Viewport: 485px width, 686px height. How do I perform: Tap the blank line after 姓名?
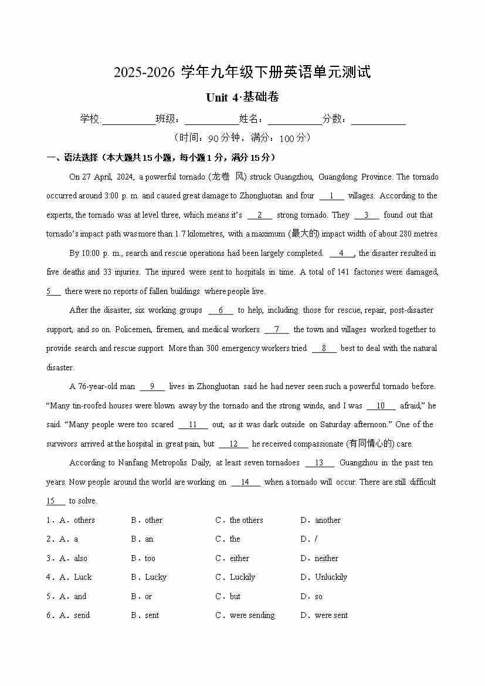coord(295,120)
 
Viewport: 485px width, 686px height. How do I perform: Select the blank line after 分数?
coord(378,120)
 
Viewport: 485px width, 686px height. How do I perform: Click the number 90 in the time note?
coord(213,138)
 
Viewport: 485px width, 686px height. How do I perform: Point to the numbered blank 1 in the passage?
coord(332,196)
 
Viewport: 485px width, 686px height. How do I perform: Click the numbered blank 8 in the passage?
coord(324,349)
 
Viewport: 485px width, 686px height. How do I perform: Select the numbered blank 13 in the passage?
coord(320,463)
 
